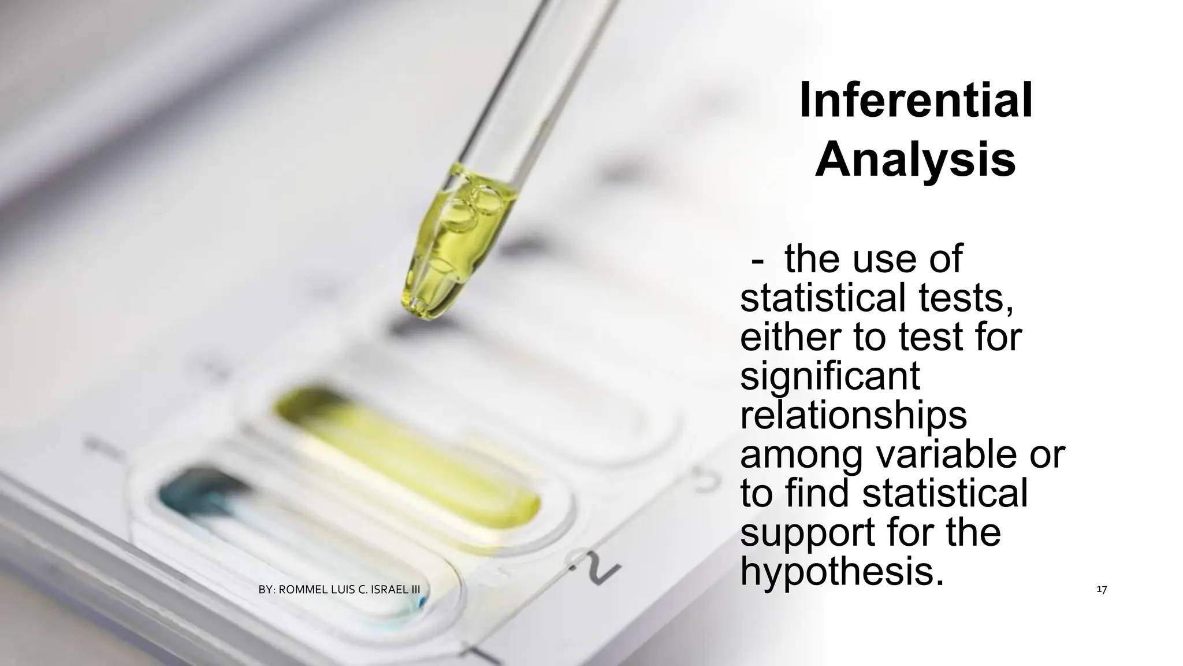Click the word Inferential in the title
(x=916, y=102)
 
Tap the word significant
(x=830, y=377)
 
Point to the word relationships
(x=854, y=416)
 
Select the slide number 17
(x=1101, y=590)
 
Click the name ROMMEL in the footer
(x=304, y=590)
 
